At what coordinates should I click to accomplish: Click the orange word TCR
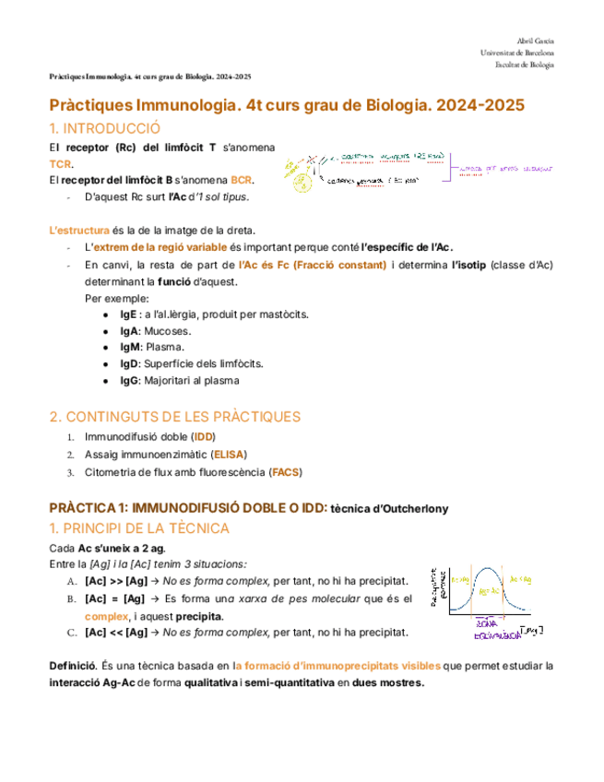59,163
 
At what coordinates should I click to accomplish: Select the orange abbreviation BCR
243,179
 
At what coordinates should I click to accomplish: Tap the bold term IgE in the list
115,314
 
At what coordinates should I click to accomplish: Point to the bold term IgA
115,331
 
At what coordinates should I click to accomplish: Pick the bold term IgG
116,380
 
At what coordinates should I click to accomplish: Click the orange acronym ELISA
229,455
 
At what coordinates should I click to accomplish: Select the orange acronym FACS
285,472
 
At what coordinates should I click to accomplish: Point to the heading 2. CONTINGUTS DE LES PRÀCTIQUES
174,417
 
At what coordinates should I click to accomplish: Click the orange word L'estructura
78,230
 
